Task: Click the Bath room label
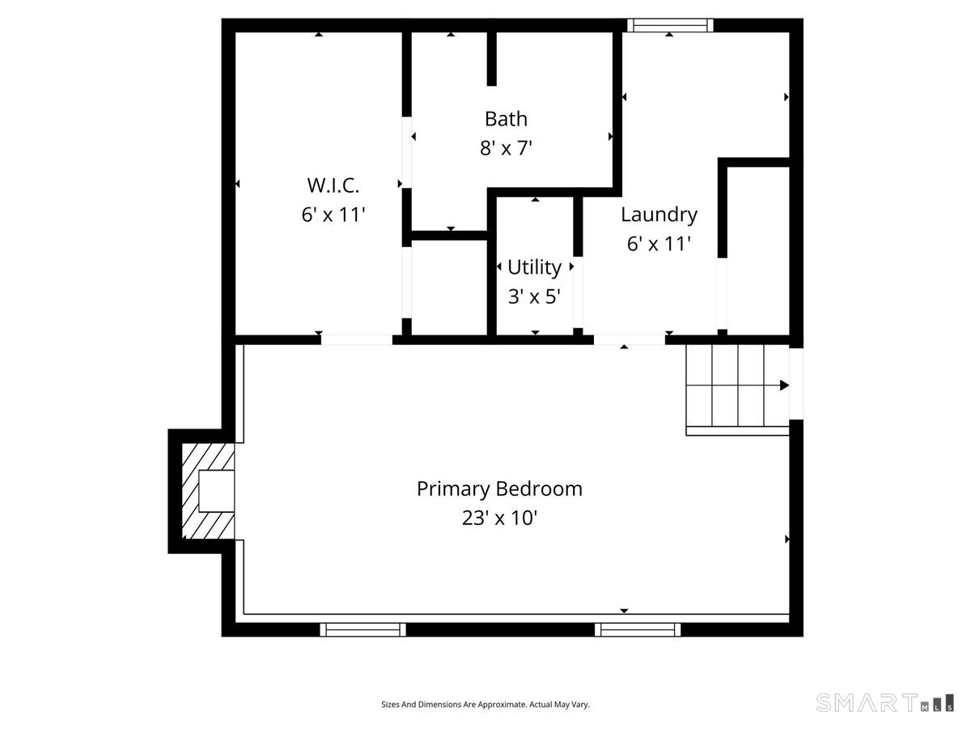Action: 506,119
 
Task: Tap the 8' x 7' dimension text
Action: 506,148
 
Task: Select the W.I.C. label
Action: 333,185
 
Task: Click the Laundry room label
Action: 659,215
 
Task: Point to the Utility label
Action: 534,267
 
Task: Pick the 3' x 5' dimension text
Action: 534,296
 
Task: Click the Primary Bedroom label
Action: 499,489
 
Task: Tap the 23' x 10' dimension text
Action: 499,518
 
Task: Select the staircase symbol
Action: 736,386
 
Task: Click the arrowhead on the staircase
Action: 783,386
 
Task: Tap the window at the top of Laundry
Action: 670,25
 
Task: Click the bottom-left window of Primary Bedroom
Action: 363,629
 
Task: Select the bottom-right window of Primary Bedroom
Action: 638,629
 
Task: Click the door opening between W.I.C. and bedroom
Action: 357,340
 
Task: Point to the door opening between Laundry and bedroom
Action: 630,340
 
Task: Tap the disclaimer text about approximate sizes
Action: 485,705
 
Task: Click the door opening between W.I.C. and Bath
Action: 407,154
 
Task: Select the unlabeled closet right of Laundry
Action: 757,251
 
